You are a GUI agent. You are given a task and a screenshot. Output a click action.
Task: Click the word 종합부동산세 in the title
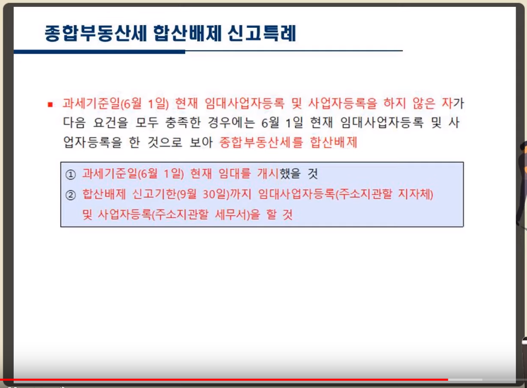[96, 33]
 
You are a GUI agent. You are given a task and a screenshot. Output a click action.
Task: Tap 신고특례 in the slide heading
[261, 33]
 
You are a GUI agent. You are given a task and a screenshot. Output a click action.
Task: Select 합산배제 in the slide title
[187, 33]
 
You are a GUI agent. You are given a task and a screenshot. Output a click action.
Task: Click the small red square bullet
[50, 104]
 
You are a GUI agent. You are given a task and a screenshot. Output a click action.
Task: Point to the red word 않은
[424, 103]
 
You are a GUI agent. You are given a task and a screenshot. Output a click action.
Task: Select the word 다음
[74, 122]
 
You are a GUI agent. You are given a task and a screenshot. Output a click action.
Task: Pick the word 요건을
[111, 122]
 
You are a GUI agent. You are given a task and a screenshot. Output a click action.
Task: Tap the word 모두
[147, 122]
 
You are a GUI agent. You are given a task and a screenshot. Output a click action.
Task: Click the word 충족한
[183, 122]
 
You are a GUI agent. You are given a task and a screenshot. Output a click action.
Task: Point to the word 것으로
[165, 142]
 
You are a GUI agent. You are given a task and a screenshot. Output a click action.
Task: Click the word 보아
[201, 142]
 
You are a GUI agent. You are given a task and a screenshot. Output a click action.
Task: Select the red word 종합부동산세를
[261, 142]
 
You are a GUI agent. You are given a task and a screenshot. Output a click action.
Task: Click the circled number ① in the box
[71, 174]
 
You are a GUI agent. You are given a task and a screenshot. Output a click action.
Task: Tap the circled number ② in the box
[71, 195]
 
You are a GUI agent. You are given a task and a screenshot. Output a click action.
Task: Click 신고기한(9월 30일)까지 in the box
[191, 194]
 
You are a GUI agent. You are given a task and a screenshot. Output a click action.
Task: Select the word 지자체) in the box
[416, 194]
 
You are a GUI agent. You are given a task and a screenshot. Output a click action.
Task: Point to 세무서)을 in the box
[237, 214]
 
